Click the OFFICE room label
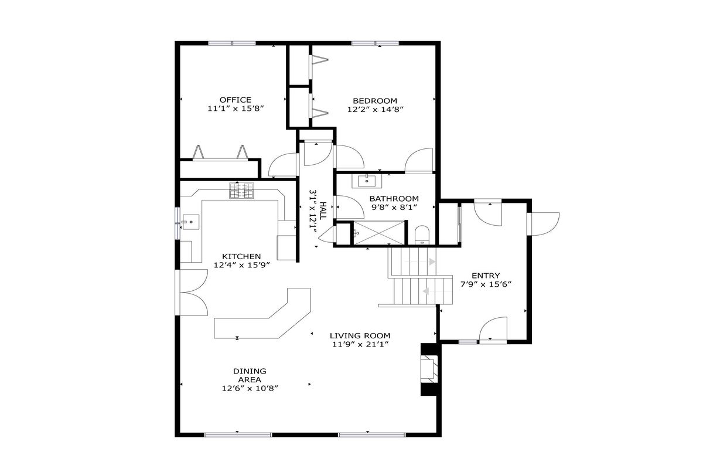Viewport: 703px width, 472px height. pos(236,100)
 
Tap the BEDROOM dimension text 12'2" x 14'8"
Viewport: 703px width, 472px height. pos(375,110)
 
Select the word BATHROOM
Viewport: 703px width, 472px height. pos(394,199)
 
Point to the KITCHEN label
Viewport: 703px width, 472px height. pos(241,256)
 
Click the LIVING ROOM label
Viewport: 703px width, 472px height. pos(360,336)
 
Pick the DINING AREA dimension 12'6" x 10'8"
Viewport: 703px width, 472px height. pos(250,389)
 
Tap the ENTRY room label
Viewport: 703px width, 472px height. pos(486,276)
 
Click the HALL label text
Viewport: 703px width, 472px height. pos(323,210)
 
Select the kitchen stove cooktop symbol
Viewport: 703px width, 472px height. pos(241,191)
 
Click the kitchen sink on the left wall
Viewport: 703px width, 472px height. pos(191,222)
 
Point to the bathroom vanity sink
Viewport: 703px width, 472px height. pos(367,181)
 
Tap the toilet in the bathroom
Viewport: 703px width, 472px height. pos(422,235)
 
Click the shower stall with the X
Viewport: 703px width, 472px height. pos(380,233)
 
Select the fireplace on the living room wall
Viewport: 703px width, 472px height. pos(429,369)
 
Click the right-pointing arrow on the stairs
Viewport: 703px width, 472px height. pos(432,262)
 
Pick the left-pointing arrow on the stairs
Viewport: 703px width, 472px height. pos(426,291)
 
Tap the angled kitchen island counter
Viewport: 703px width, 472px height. pos(262,314)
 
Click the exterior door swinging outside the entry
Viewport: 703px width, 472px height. pos(544,224)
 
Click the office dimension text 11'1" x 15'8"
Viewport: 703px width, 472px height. pos(236,108)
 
